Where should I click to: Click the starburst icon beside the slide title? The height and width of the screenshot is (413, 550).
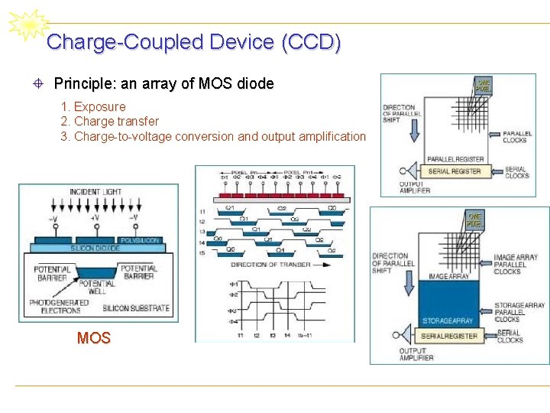click(x=27, y=25)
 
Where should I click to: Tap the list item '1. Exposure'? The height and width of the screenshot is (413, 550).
click(x=92, y=106)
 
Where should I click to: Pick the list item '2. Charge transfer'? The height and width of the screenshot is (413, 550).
click(x=109, y=121)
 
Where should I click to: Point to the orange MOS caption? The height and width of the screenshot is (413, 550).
click(x=94, y=337)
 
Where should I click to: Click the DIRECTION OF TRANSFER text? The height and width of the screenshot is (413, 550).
click(x=270, y=265)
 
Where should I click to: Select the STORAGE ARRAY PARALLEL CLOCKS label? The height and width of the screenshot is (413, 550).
click(x=519, y=312)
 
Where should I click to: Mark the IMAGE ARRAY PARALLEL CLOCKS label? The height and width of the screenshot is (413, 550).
click(x=516, y=264)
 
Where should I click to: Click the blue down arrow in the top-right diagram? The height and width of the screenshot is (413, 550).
click(x=414, y=131)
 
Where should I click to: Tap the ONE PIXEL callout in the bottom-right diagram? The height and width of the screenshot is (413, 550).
click(x=474, y=220)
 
